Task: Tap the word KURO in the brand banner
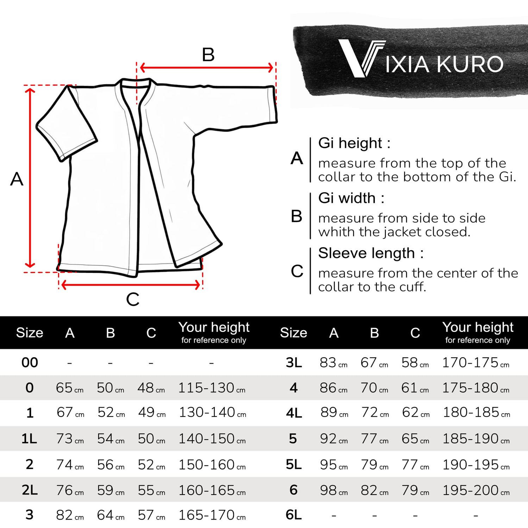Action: (x=470, y=64)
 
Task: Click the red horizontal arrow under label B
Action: (x=207, y=68)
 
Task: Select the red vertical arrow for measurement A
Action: (x=30, y=178)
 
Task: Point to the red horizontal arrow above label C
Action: (x=131, y=285)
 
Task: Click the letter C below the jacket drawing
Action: (x=133, y=300)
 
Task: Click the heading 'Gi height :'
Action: (x=354, y=143)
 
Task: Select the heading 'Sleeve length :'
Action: (x=371, y=253)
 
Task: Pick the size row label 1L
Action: (x=29, y=439)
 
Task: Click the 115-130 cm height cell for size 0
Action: (x=212, y=388)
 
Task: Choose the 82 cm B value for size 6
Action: (x=374, y=490)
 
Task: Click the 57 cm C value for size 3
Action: (x=151, y=515)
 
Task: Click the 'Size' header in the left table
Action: (x=30, y=333)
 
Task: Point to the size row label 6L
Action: (x=294, y=515)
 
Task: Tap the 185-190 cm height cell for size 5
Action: (x=476, y=439)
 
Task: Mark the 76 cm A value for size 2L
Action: (x=70, y=490)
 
